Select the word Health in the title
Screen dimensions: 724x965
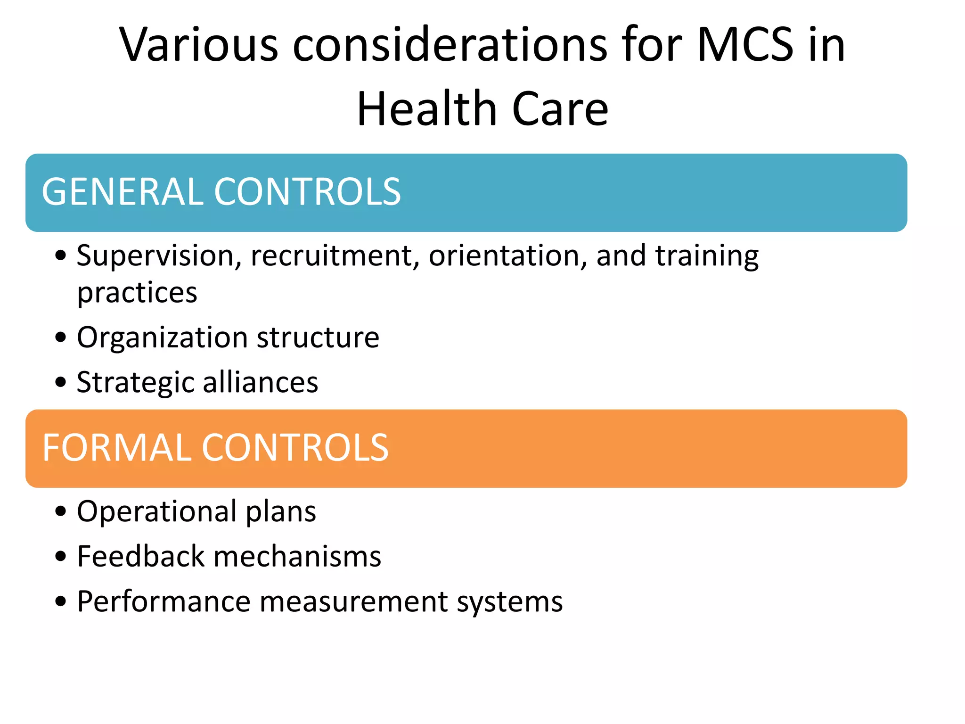427,109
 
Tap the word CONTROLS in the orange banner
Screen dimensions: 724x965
295,448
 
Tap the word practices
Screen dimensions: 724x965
137,294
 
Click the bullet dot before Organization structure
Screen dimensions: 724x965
61,337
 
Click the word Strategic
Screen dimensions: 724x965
135,383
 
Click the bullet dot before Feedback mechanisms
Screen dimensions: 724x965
61,556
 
